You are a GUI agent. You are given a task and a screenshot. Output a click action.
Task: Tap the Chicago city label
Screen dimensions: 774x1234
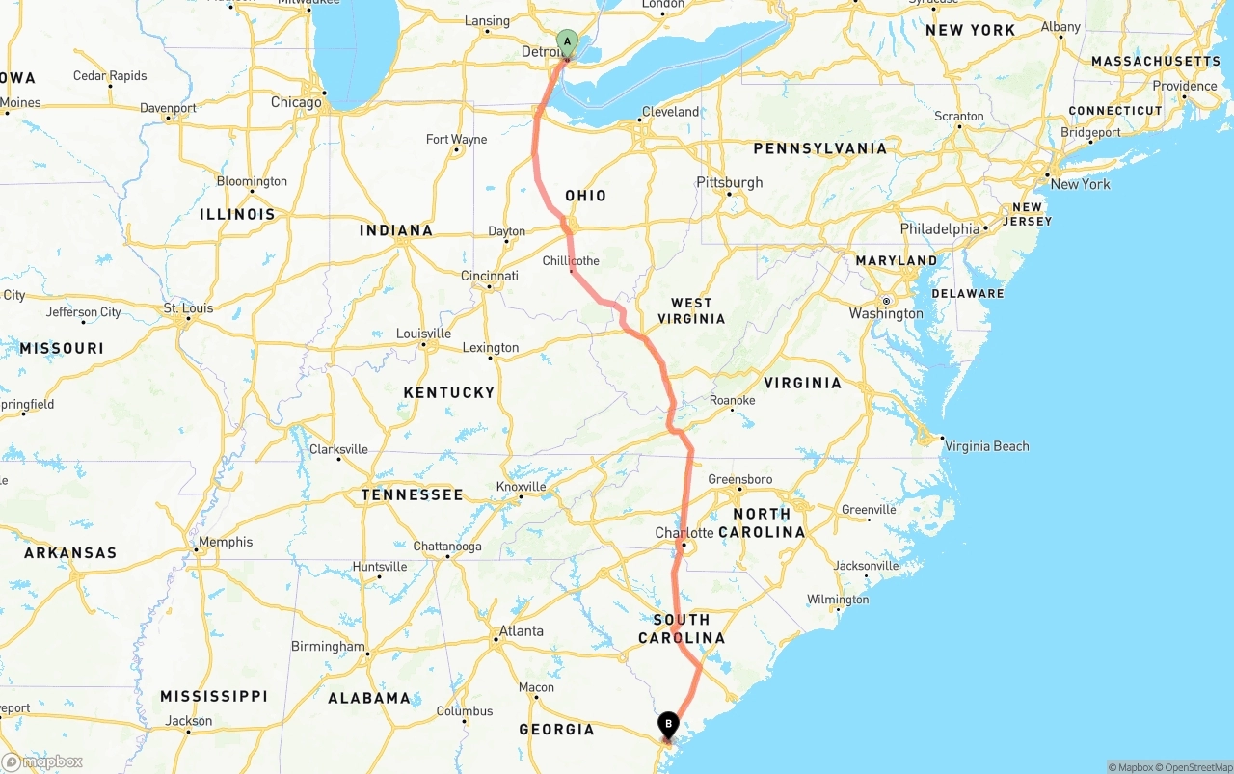point(296,102)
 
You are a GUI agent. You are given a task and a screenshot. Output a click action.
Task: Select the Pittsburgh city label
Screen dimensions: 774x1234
point(730,182)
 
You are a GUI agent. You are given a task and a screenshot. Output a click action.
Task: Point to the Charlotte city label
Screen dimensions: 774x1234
point(684,533)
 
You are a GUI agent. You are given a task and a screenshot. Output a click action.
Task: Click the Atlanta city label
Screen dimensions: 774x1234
point(521,631)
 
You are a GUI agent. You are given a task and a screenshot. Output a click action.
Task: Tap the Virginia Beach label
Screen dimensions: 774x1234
point(986,446)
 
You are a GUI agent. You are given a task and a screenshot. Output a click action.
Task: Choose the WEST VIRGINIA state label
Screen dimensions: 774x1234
point(691,310)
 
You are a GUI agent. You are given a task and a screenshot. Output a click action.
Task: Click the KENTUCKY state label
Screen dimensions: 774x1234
point(449,392)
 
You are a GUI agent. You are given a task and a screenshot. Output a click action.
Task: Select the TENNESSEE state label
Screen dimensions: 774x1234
point(413,494)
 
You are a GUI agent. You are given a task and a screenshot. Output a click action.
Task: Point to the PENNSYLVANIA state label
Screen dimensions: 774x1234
point(819,148)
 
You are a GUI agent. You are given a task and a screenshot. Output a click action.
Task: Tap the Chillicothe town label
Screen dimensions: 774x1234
point(571,261)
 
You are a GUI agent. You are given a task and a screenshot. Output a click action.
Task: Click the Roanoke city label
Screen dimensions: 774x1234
point(732,400)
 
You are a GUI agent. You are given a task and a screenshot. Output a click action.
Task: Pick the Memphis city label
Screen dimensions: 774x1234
point(226,542)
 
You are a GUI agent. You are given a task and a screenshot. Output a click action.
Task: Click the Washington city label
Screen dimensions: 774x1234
point(886,313)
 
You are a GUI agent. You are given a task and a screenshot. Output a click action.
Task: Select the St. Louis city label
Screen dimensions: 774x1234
point(188,308)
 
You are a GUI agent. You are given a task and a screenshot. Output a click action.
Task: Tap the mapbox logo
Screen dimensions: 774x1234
point(42,761)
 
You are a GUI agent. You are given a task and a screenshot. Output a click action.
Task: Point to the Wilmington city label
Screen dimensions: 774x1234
point(838,600)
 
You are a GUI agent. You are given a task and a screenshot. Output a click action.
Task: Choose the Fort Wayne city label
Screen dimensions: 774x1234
point(457,140)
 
